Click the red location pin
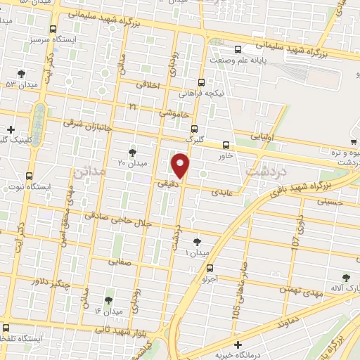pos(181,166)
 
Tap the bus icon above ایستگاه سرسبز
pos(53,30)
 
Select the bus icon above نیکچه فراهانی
pos(202,82)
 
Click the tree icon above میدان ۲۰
pos(132,152)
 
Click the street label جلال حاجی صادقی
pos(117,219)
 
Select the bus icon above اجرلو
pos(210,267)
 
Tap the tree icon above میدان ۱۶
pos(109,300)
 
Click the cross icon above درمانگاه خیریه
pos(239,345)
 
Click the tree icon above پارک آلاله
pos(345,278)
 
